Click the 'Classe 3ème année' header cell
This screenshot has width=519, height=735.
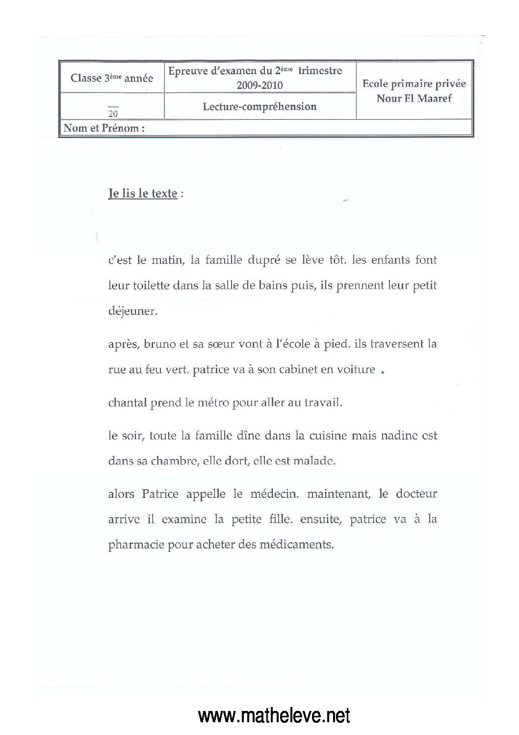[x=112, y=78]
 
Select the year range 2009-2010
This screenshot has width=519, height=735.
[x=259, y=85]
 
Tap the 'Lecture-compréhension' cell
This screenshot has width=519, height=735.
[x=259, y=107]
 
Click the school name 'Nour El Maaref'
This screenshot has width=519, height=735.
[x=414, y=98]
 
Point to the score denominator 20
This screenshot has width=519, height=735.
[x=113, y=113]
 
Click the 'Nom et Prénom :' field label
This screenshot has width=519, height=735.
[x=104, y=129]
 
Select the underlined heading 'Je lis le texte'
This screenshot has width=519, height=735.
[x=142, y=193]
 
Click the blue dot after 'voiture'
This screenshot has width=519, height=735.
[x=382, y=372]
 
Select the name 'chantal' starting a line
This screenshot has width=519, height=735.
[x=127, y=403]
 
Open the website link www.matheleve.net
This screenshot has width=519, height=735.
[x=274, y=715]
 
